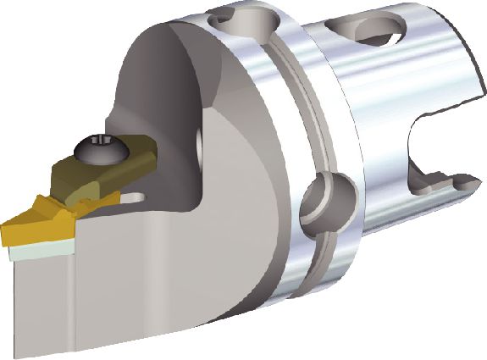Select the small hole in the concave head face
point(200,140)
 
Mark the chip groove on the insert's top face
point(47,208)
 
